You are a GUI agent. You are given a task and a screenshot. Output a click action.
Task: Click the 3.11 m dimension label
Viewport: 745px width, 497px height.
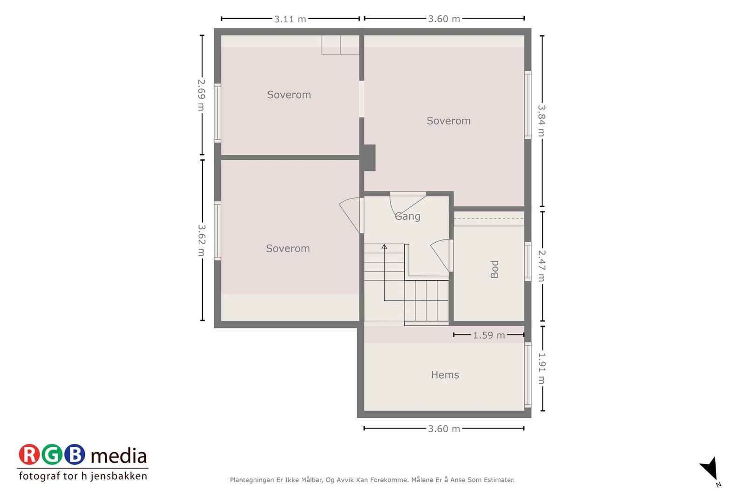(290, 19)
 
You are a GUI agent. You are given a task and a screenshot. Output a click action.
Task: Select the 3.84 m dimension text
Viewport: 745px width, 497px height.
(542, 120)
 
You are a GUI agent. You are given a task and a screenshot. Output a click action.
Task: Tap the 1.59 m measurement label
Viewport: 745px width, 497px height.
(489, 335)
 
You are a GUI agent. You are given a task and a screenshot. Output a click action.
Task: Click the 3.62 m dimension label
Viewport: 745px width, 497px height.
(202, 240)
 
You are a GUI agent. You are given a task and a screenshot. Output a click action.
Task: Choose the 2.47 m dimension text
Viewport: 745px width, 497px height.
(542, 266)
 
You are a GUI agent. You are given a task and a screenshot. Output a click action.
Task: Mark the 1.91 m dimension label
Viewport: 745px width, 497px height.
(542, 368)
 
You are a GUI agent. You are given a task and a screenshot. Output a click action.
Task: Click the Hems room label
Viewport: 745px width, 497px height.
(445, 374)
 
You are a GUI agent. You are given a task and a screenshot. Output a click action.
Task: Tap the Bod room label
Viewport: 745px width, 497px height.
(494, 269)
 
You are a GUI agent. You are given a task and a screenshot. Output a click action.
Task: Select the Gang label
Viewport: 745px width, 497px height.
(407, 216)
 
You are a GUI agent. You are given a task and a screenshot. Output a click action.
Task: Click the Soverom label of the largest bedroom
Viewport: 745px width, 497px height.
(448, 121)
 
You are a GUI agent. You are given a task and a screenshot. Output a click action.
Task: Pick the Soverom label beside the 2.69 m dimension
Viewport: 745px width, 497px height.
(289, 95)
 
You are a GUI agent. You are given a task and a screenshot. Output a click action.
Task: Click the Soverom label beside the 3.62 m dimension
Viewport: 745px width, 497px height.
(288, 248)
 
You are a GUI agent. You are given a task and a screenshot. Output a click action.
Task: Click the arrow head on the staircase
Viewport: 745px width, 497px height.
(384, 246)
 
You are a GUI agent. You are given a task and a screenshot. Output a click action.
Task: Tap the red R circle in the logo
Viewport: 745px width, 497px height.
(29, 455)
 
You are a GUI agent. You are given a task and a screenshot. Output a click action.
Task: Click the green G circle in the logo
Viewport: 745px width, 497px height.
(52, 455)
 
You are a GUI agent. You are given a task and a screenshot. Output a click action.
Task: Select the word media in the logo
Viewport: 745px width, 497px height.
(119, 456)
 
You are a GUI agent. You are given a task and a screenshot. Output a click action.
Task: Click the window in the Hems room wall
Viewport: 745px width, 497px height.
(528, 375)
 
